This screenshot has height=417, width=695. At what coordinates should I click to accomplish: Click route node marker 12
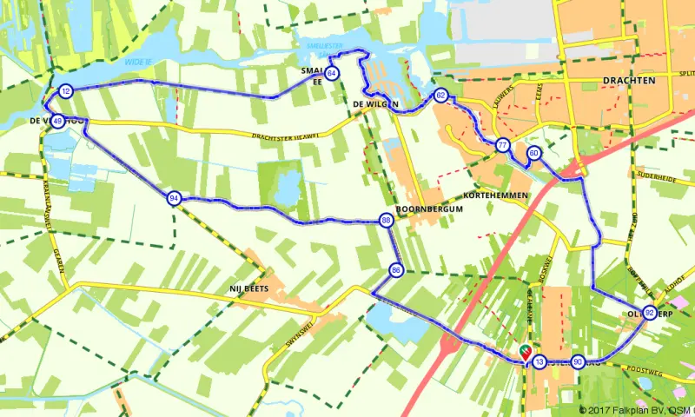66,91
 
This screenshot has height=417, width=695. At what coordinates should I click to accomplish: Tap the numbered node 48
56,121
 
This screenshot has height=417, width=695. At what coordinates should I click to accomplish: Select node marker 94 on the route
175,198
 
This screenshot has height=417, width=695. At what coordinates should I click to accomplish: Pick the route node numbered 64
332,73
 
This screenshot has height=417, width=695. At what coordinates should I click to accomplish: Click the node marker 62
441,96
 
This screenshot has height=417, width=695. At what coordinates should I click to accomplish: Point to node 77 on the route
502,146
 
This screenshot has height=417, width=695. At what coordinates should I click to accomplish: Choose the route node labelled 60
534,154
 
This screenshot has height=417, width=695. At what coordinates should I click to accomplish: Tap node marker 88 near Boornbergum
385,222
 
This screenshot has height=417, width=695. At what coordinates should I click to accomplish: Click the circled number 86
395,269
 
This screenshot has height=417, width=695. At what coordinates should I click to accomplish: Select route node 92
649,313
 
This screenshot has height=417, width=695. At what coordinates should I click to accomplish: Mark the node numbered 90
579,361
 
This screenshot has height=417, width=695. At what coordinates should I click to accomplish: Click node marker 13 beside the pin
539,361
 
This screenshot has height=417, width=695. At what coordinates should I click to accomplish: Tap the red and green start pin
525,351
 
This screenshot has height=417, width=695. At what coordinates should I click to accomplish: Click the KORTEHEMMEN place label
496,196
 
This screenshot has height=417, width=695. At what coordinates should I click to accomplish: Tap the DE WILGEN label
375,104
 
